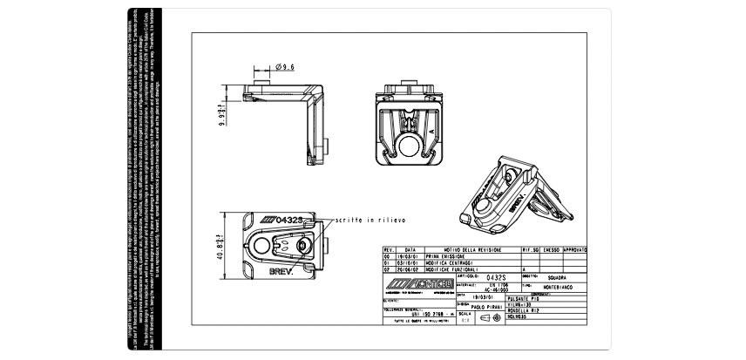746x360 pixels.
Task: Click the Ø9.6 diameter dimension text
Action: pyautogui.click(x=285, y=66)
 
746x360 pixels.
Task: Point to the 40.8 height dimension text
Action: pyautogui.click(x=220, y=249)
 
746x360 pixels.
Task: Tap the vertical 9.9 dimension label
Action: pyautogui.click(x=221, y=117)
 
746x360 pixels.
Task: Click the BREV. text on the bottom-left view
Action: pyautogui.click(x=280, y=272)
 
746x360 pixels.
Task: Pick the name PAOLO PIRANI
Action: pyautogui.click(x=482, y=307)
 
